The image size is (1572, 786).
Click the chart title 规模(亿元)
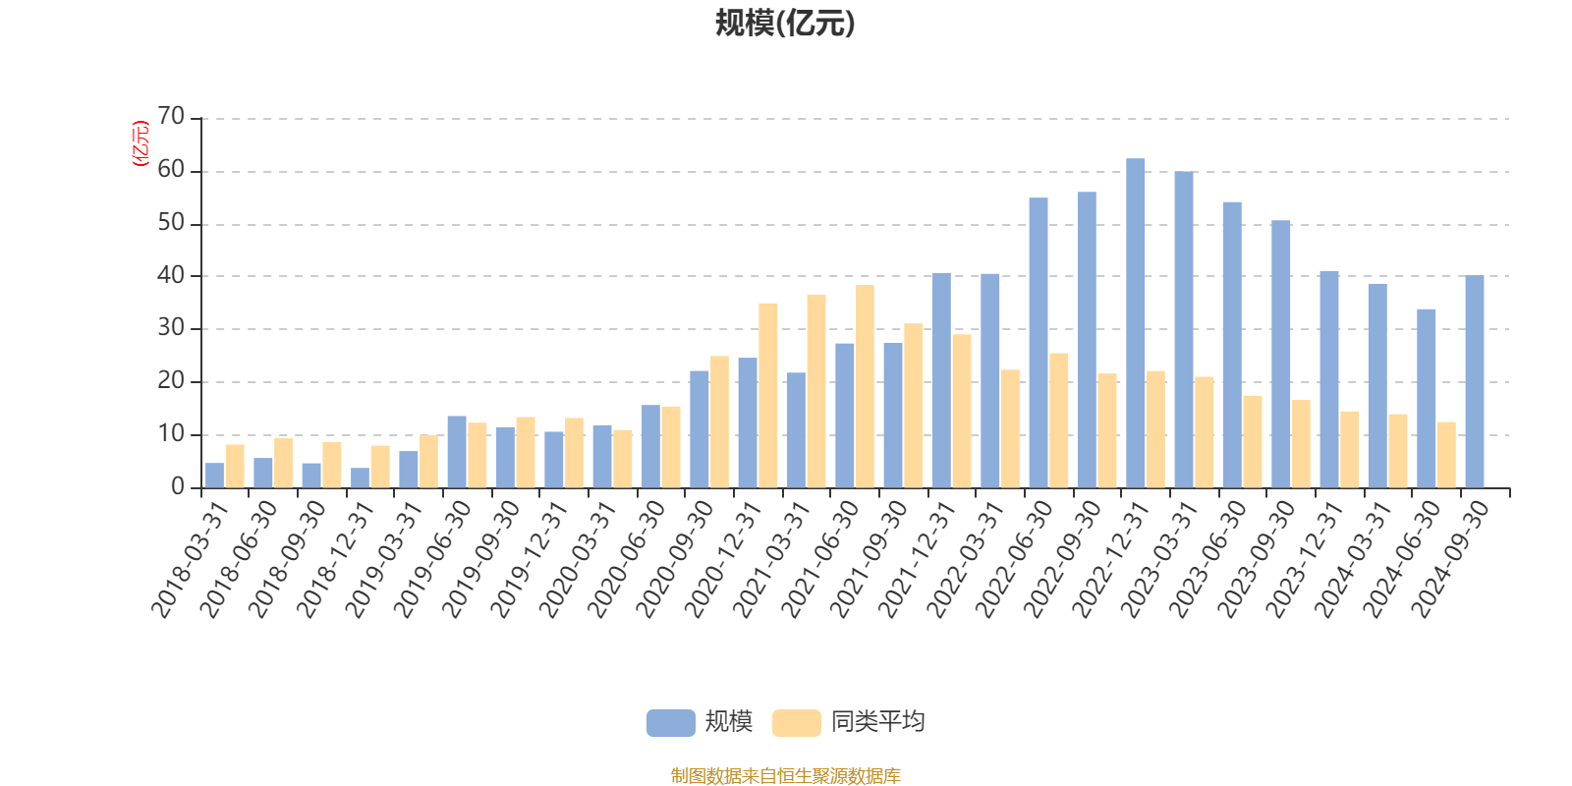785,24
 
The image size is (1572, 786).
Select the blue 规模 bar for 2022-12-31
1135,323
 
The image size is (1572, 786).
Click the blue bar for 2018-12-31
360,477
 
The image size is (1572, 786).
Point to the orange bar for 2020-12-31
767,395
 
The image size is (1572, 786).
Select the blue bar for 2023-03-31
1183,329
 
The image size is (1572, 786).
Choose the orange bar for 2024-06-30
1445,454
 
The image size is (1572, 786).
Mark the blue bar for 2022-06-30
1038,343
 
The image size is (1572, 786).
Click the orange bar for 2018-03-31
235,466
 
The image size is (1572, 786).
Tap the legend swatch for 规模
670,723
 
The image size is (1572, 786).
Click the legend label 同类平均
877,723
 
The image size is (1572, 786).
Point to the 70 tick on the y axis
171,118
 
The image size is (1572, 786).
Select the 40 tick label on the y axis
171,276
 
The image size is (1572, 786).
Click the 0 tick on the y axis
177,487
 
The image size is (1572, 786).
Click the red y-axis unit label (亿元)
140,143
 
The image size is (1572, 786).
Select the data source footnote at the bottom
785,776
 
